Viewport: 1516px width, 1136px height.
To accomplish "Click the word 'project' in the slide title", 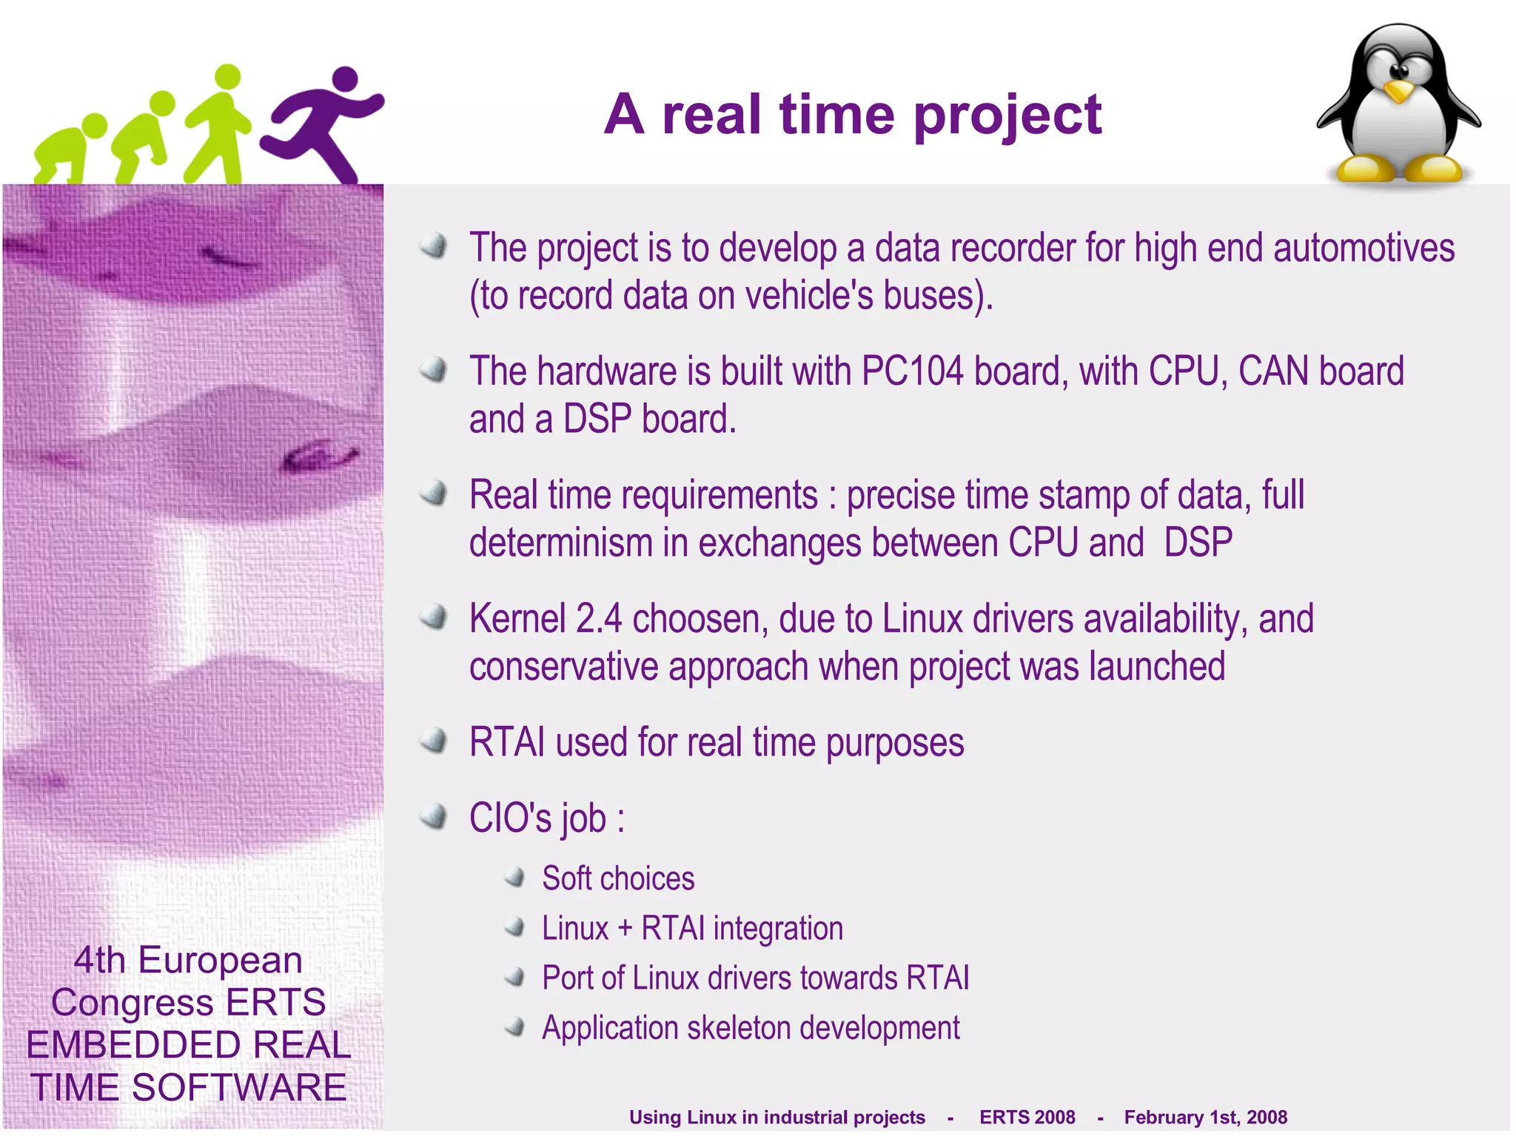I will (x=1007, y=115).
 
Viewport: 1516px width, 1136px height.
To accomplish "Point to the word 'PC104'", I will (x=912, y=372).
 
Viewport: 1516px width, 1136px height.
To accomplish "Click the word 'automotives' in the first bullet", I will (x=1364, y=248).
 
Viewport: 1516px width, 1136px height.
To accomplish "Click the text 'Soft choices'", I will (x=618, y=878).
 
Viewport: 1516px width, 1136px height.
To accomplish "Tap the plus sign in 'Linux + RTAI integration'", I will (x=625, y=929).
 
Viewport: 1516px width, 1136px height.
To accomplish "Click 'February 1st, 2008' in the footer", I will (x=1205, y=1117).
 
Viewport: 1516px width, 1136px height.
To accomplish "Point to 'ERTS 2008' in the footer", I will (x=1027, y=1117).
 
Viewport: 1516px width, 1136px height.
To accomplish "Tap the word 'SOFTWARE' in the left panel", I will (x=238, y=1087).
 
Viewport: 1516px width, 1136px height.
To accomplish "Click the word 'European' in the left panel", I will (x=220, y=960).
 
